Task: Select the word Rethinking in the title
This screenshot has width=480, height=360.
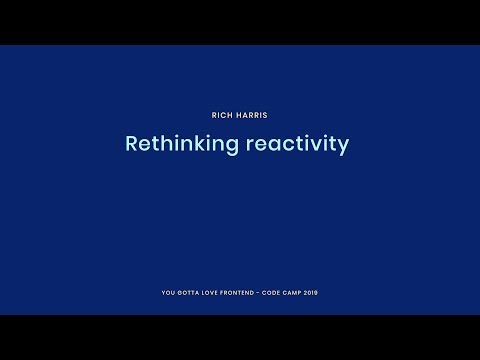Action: (182, 144)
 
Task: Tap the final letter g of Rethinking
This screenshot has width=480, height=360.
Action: (233, 146)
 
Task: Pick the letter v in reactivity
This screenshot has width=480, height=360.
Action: (321, 144)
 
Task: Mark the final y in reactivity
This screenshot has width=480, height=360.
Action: (344, 146)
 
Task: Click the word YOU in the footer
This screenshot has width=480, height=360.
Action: (166, 293)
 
